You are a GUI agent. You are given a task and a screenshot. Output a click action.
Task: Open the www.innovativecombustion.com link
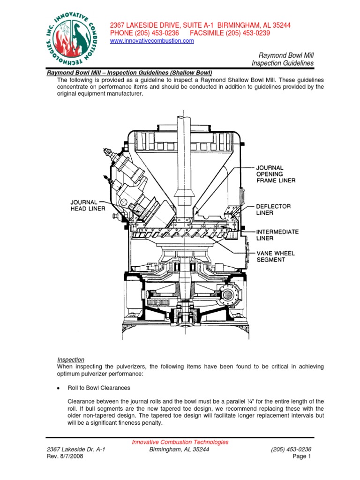pyautogui.click(x=151, y=41)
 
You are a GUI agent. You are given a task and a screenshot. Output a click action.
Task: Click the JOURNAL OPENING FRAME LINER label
pyautogui.click(x=276, y=174)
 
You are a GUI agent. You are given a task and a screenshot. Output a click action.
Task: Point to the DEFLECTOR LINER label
pyautogui.click(x=274, y=210)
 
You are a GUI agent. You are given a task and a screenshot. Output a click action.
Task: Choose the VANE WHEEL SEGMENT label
pyautogui.click(x=276, y=256)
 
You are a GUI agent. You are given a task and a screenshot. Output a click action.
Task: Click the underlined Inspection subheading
pyautogui.click(x=71, y=359)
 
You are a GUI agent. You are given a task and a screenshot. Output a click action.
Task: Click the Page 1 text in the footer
pyautogui.click(x=302, y=456)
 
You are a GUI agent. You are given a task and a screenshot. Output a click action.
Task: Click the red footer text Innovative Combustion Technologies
pyautogui.click(x=180, y=442)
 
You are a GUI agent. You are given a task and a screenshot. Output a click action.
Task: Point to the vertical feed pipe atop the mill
pyautogui.click(x=182, y=141)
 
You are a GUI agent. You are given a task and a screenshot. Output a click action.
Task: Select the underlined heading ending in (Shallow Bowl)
pyautogui.click(x=129, y=73)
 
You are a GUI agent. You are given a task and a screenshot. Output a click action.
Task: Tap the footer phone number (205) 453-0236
pyautogui.click(x=291, y=449)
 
